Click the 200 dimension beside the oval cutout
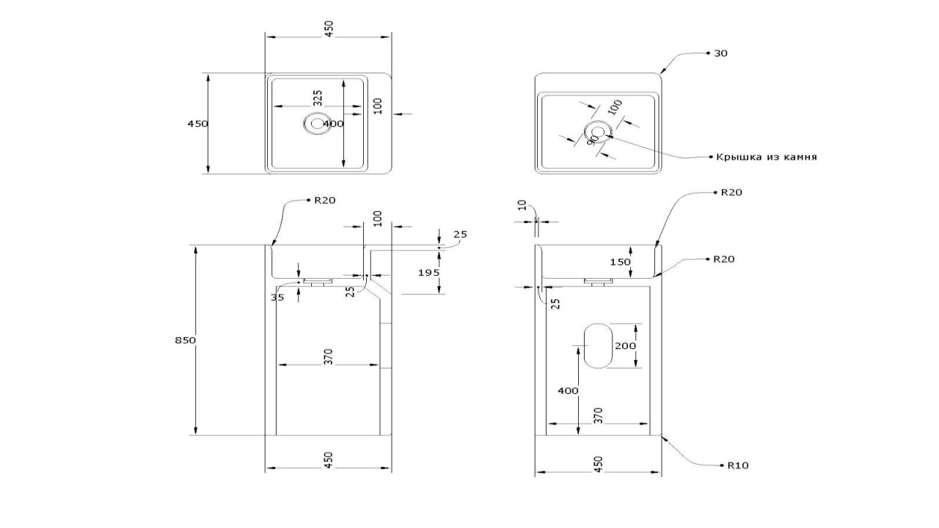tap(626, 345)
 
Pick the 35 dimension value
tap(277, 298)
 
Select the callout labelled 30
tap(720, 54)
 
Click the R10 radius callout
tap(738, 465)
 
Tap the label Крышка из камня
tap(767, 157)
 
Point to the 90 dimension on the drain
tap(593, 142)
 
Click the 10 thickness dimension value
tap(522, 206)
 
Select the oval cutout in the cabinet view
tap(596, 345)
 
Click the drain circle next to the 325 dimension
tap(317, 123)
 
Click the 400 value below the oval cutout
tap(568, 391)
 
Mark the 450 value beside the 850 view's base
tap(329, 460)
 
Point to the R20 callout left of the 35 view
tap(324, 200)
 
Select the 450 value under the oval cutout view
tap(598, 464)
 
